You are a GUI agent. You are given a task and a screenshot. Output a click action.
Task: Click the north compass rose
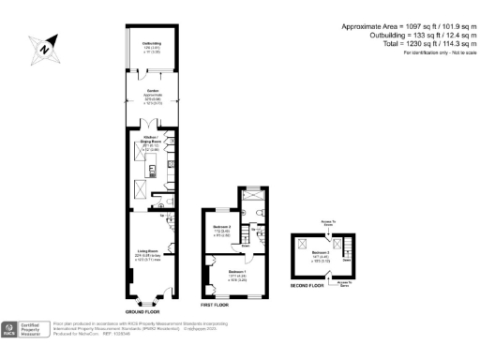(x=44, y=47)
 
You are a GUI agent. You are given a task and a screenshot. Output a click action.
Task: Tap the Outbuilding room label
(x=150, y=46)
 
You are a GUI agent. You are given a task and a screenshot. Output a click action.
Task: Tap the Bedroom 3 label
(x=322, y=254)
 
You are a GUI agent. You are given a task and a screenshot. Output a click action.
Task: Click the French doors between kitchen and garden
(x=150, y=132)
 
